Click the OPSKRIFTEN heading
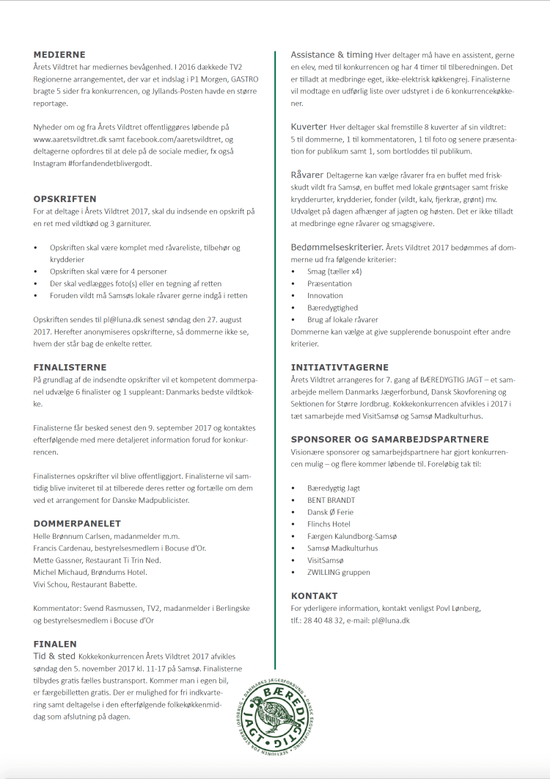coord(65,199)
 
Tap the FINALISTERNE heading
coord(70,367)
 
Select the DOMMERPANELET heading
coord(77,523)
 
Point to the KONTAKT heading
coord(314,595)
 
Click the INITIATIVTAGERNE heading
coord(340,367)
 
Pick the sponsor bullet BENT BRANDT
coord(331,500)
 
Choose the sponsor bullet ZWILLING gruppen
coord(338,572)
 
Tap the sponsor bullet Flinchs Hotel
coord(329,524)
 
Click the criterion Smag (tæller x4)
coord(334,272)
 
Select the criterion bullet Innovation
coord(326,295)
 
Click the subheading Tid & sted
coord(54,656)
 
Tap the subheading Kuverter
coord(308,127)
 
